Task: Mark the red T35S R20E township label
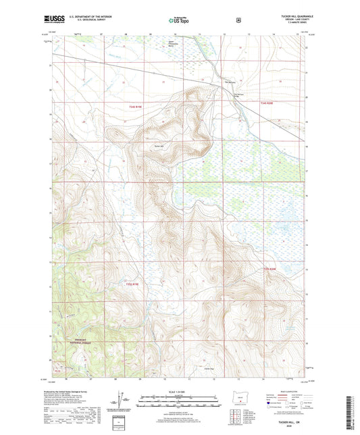[x=269, y=270]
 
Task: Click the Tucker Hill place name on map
[x=159, y=145]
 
